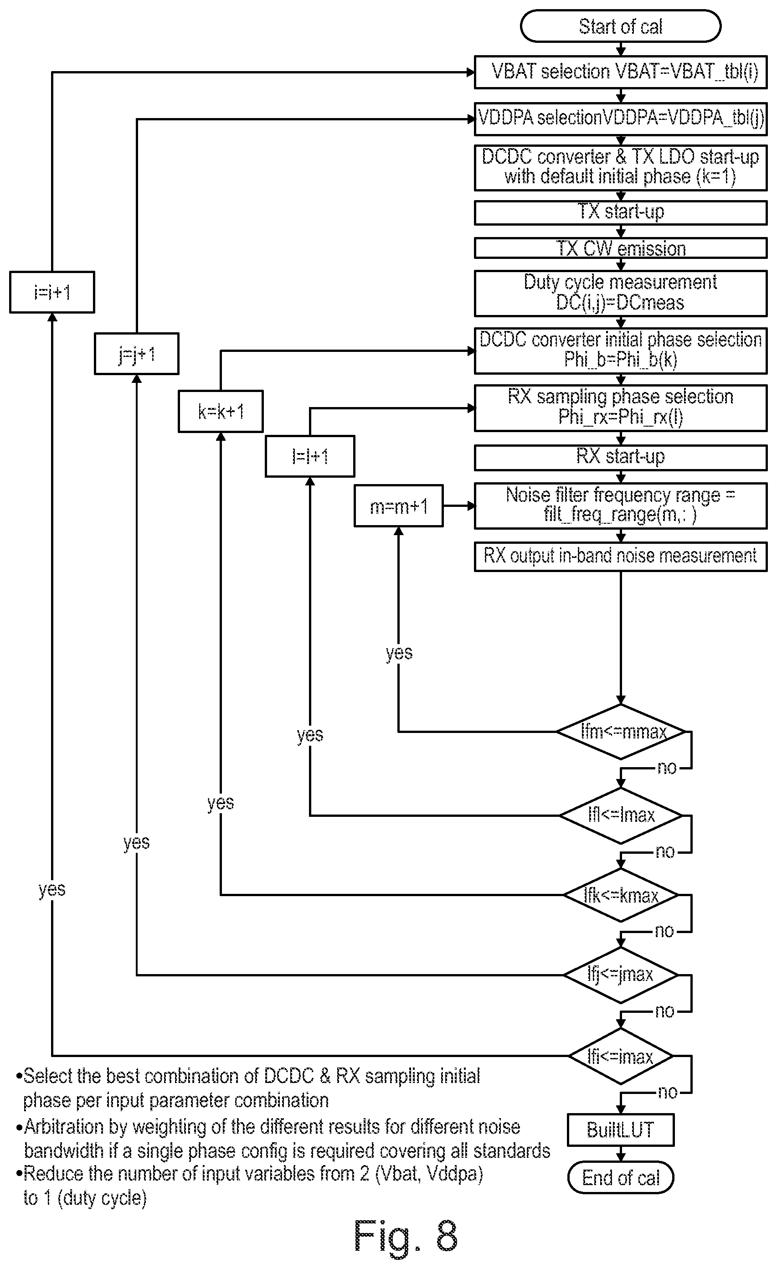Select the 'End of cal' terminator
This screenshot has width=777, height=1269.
tap(621, 1178)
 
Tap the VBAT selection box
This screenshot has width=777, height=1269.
tap(621, 72)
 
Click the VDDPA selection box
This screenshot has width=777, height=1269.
tap(621, 119)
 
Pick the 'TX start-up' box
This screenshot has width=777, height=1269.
tap(621, 212)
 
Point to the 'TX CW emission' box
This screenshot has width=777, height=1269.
tap(621, 248)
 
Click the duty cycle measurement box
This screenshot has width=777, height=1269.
tap(621, 293)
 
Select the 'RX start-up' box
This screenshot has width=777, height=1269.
tap(621, 457)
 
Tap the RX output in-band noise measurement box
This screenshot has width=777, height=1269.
tap(621, 556)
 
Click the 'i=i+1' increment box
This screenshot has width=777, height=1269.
tap(52, 292)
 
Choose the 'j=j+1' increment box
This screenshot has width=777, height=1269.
tap(136, 354)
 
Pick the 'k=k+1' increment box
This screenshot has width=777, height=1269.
tap(221, 411)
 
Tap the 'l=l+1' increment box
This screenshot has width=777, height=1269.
tap(310, 456)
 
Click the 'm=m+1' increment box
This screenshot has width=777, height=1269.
tap(399, 506)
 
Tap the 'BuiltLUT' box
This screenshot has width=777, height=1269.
tap(621, 1130)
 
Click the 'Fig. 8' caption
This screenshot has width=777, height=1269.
tap(406, 1237)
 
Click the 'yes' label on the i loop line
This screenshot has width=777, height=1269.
tap(52, 889)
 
